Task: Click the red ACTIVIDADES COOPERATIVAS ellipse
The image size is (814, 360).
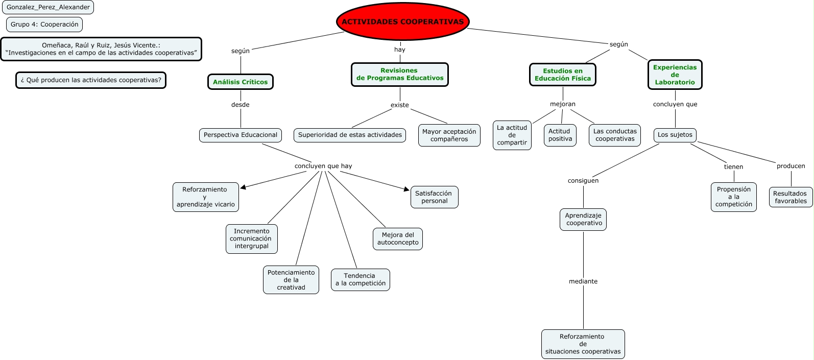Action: tap(402, 22)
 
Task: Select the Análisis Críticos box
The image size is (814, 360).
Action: tap(240, 82)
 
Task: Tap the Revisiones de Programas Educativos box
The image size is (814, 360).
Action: tap(399, 75)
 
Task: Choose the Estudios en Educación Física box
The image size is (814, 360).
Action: tap(562, 75)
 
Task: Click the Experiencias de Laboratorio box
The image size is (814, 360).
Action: tap(675, 75)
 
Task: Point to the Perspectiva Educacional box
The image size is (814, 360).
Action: tap(240, 135)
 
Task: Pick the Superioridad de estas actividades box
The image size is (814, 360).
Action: tap(350, 135)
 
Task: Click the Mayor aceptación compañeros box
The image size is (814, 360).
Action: tap(449, 135)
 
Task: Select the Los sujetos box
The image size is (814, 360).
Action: tap(675, 135)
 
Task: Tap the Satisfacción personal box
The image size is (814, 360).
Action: tap(434, 197)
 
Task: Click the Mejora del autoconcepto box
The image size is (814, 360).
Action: tap(398, 239)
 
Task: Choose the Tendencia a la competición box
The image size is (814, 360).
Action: tap(360, 280)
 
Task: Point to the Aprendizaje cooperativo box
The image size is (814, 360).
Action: tap(583, 220)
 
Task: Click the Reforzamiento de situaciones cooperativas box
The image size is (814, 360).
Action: tap(583, 344)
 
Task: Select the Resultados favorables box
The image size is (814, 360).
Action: tap(791, 197)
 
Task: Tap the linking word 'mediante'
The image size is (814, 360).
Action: tap(583, 281)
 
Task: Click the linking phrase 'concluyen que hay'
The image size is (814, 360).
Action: tap(323, 166)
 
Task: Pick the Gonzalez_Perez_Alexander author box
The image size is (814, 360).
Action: tap(48, 7)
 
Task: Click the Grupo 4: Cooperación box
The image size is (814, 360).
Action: tap(44, 25)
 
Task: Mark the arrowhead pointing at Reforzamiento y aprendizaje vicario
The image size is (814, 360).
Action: tap(243, 187)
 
